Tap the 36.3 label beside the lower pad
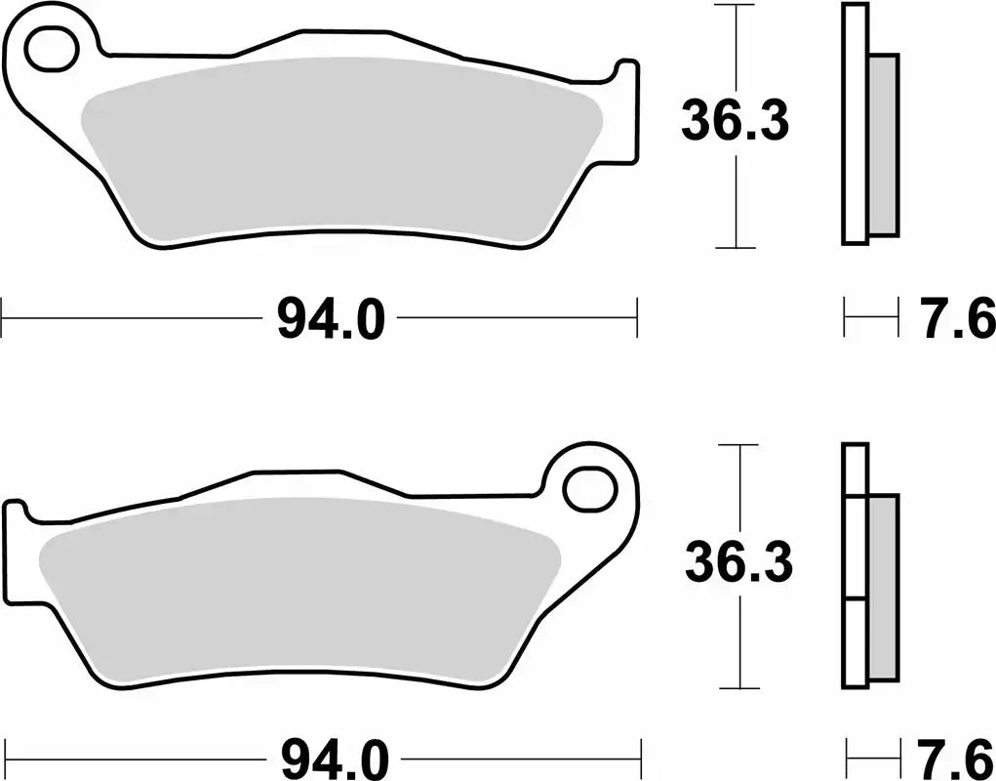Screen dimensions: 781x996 point(738,563)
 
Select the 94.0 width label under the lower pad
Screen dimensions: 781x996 point(334,758)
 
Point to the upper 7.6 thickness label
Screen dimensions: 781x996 point(956,319)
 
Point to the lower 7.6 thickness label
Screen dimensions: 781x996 point(956,758)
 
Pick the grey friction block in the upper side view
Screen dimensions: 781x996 point(883,144)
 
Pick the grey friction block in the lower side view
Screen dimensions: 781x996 point(882,586)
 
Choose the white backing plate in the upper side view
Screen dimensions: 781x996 point(854,124)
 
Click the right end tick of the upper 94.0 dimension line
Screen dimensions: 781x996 point(637,318)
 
